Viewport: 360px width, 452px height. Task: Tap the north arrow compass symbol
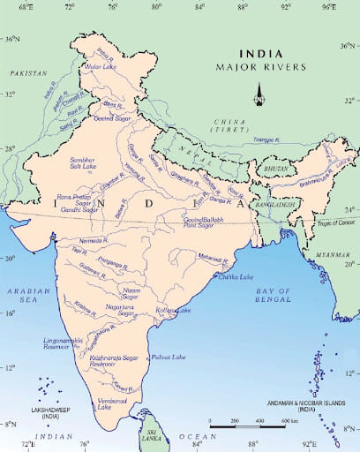[259, 93]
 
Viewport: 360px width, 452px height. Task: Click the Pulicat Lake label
[168, 356]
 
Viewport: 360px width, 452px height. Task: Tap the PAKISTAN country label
[27, 76]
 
